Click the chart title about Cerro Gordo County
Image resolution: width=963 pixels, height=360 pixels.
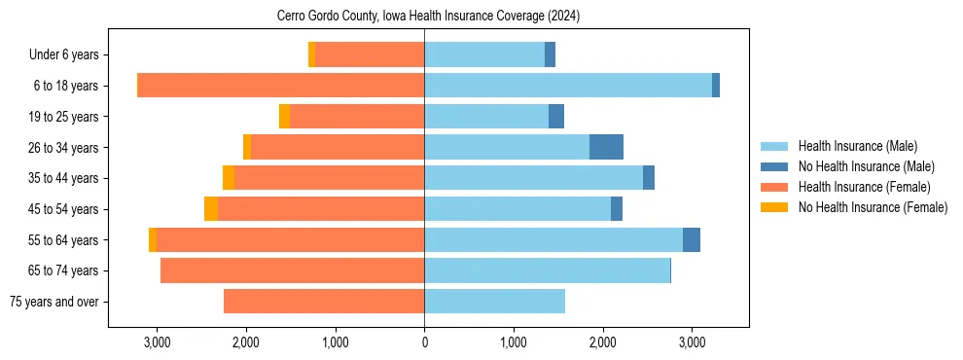coord(428,16)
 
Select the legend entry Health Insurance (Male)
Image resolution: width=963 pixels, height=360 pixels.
coord(857,146)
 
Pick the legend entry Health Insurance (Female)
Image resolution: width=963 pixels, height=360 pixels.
coord(864,187)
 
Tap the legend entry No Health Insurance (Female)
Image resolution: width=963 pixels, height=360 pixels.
coord(872,207)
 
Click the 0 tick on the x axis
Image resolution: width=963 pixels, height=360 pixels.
coord(424,343)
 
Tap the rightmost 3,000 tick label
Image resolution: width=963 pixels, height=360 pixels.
coord(692,343)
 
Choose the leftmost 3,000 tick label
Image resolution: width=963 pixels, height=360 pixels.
coord(157,343)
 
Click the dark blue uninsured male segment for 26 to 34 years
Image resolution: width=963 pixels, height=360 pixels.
coord(606,147)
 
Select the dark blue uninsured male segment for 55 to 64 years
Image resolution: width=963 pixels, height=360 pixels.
coord(691,239)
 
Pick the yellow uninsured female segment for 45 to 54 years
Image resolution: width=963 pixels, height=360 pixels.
coord(211,209)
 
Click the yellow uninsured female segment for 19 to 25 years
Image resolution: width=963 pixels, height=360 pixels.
coord(284,117)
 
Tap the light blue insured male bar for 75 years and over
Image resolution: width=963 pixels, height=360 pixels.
coord(494,302)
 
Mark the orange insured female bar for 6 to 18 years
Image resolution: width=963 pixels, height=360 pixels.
coord(281,86)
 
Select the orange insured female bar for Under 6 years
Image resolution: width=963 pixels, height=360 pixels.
coord(370,55)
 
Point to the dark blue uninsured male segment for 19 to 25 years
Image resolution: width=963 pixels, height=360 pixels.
coord(556,117)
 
